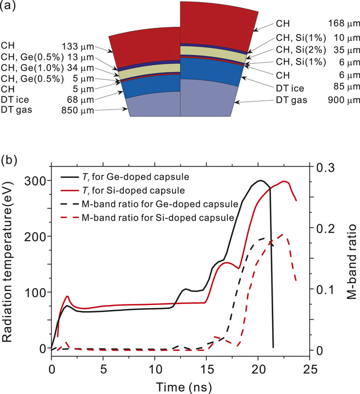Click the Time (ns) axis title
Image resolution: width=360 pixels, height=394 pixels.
pos(179,385)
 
